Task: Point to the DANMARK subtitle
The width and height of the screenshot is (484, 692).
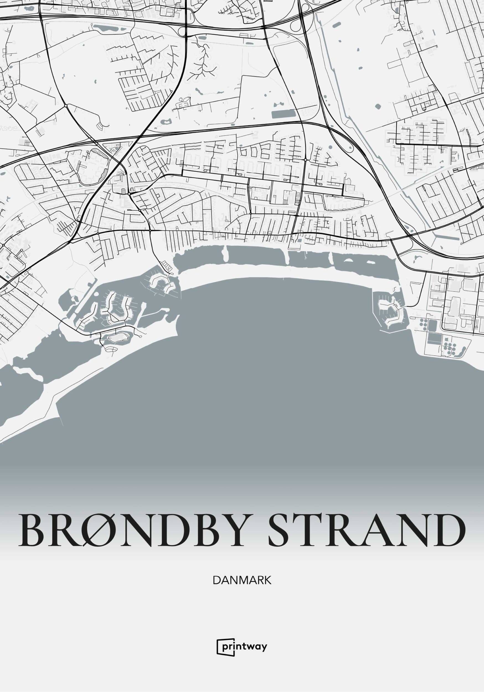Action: point(242,580)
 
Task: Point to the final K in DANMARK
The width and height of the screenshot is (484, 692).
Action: point(267,580)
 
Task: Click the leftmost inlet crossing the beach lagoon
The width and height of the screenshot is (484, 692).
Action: point(225,252)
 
